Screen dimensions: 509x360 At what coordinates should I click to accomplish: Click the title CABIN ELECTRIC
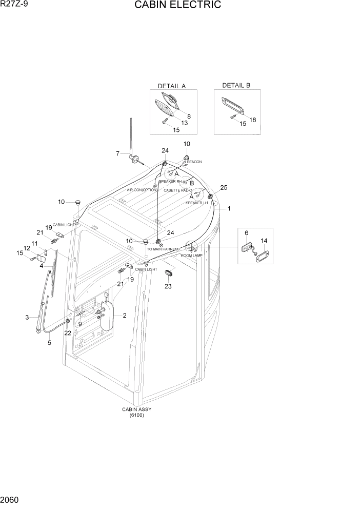[177, 6]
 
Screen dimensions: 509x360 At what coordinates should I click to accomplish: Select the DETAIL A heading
[172, 86]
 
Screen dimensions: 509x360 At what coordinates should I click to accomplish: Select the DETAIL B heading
[236, 85]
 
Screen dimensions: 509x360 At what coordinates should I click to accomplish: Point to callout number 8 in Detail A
[189, 116]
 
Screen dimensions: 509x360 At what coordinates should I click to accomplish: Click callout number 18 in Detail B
[252, 120]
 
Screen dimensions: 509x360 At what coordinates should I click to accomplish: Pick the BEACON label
[194, 162]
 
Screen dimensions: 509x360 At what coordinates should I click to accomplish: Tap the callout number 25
[223, 187]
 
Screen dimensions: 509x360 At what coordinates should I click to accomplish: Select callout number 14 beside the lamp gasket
[264, 240]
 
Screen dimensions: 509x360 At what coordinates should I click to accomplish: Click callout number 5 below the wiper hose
[49, 343]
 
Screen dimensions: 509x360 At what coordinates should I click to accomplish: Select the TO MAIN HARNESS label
[163, 249]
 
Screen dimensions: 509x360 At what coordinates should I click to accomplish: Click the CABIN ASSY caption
[136, 409]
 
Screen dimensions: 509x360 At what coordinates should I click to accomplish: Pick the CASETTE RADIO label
[177, 190]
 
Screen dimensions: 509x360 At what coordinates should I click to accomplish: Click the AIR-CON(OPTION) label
[142, 190]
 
